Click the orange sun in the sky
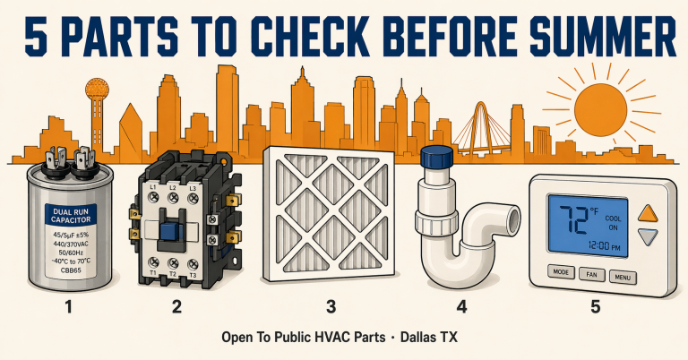(x=601, y=108)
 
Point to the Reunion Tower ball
(x=96, y=90)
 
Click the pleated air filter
(x=331, y=216)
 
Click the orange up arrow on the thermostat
(x=646, y=214)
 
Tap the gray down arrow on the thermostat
(x=646, y=237)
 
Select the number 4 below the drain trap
(x=461, y=307)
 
